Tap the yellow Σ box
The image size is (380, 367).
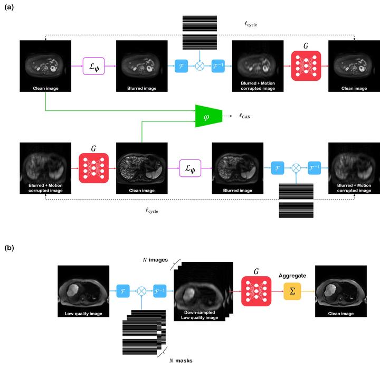click(x=292, y=291)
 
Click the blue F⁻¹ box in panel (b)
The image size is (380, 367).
click(x=161, y=291)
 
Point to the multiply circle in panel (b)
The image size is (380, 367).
click(x=142, y=291)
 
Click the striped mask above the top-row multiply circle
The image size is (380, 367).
click(x=199, y=32)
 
